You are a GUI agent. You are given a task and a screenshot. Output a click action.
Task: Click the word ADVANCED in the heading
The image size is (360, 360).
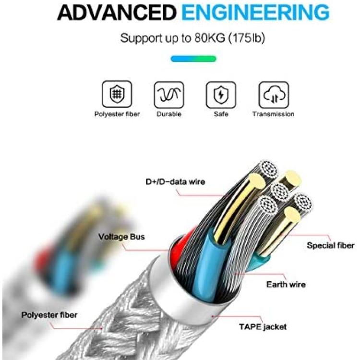(117, 12)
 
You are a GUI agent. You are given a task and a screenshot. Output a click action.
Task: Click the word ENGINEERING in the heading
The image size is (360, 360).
(255, 12)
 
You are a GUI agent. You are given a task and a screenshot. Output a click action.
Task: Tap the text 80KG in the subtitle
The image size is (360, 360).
(210, 38)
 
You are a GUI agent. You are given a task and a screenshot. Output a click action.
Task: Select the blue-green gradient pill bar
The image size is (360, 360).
(193, 59)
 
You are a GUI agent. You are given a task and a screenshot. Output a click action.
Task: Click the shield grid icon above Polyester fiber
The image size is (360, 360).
(117, 94)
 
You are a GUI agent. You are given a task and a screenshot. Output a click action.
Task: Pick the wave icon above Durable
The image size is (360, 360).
(169, 95)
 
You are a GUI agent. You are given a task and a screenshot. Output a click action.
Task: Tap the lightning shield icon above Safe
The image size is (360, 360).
(221, 95)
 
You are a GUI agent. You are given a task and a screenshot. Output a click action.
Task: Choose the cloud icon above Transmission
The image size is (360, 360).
(274, 95)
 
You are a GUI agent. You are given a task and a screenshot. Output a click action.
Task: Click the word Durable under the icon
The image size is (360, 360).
(169, 114)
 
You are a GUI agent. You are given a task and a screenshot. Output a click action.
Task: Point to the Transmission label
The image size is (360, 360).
(274, 114)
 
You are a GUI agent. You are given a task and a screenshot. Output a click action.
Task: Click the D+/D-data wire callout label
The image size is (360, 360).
(175, 182)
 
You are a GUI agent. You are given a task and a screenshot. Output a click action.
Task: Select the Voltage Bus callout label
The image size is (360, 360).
(122, 237)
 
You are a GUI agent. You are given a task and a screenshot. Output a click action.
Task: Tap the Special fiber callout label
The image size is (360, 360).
(331, 245)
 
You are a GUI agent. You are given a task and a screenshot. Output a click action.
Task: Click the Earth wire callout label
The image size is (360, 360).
(286, 285)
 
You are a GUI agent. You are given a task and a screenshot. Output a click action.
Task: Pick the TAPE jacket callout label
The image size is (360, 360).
(263, 327)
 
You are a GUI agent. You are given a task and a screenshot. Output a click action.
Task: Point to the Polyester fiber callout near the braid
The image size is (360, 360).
(49, 315)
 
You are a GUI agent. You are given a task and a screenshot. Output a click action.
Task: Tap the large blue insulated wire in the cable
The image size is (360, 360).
(208, 259)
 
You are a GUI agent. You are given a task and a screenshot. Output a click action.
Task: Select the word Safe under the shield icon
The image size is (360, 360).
(221, 114)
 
